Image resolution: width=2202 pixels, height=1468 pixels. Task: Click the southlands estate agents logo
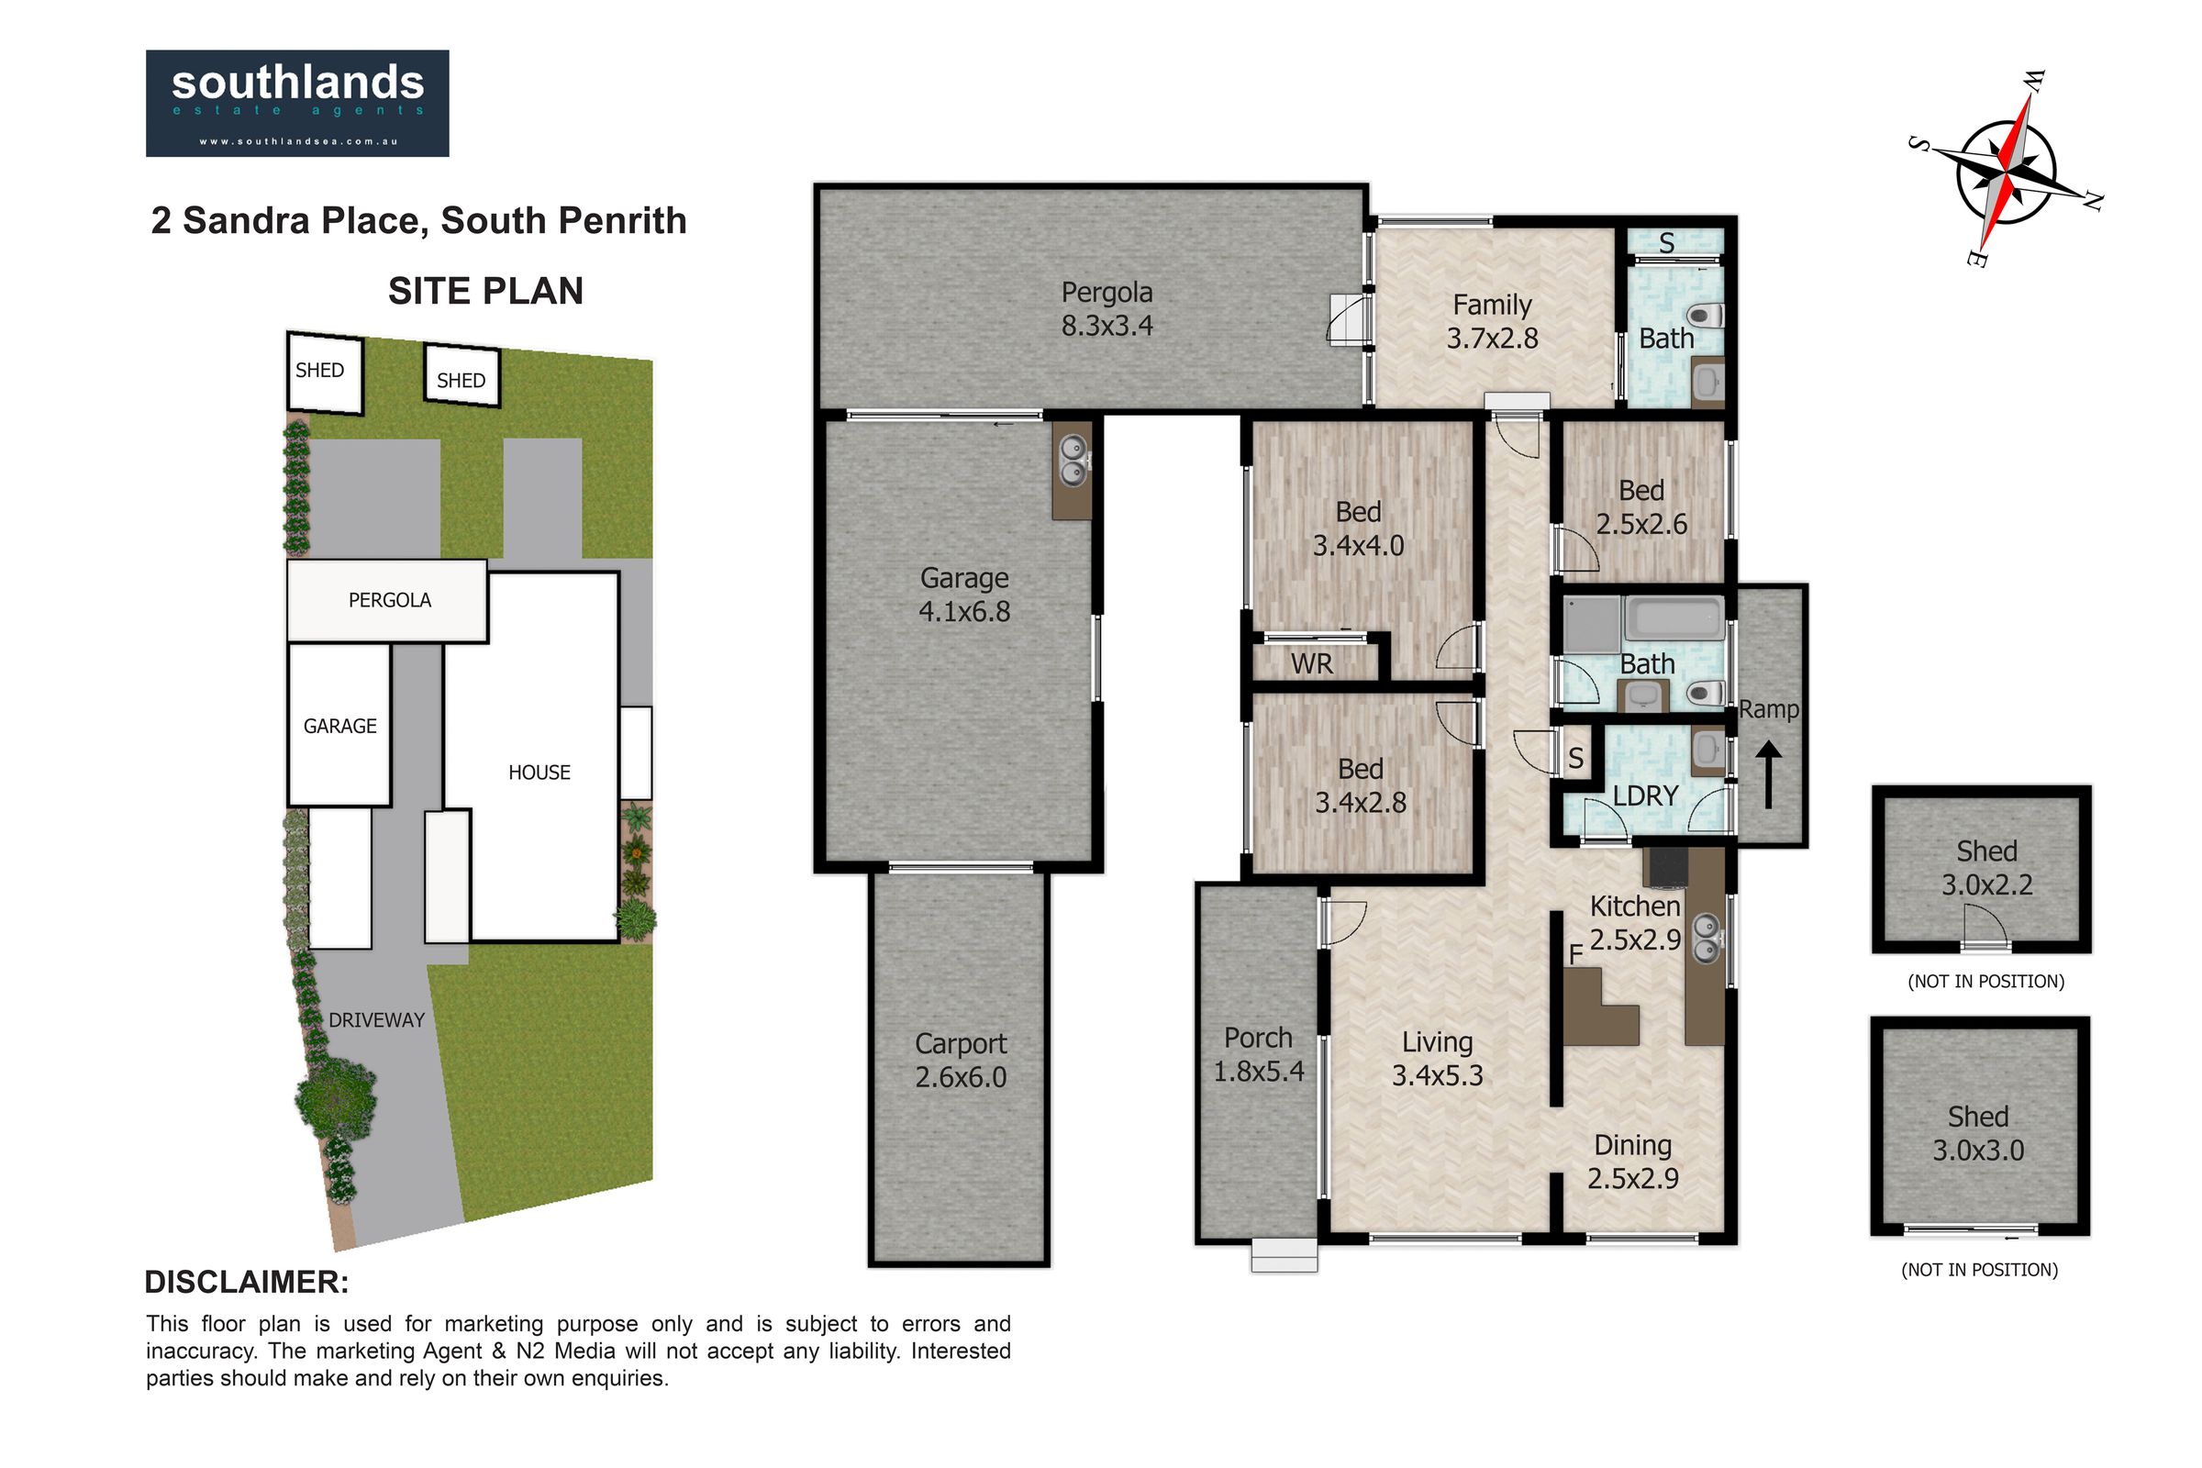296,103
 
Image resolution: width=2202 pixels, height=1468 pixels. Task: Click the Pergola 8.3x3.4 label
1107,309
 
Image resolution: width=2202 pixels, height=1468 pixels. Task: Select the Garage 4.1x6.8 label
964,595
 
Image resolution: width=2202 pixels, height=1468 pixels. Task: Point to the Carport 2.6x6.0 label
961,1060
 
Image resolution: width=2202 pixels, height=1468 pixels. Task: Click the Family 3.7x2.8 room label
1493,321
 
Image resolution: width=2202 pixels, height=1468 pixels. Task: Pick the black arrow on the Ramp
1768,774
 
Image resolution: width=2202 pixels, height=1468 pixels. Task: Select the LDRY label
1645,795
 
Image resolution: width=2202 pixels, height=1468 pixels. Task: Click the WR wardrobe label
1311,663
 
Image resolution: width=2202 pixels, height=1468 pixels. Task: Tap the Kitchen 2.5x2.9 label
1636,922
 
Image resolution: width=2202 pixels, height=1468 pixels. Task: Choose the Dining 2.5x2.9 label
1633,1161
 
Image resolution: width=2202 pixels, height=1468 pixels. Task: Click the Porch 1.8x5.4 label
1258,1053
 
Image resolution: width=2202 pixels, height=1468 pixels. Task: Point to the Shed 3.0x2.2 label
1986,868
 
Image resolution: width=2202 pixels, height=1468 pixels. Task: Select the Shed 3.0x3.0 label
1978,1133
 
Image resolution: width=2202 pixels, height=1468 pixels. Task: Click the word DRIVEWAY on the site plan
376,1020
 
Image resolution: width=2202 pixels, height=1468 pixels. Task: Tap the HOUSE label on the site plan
539,773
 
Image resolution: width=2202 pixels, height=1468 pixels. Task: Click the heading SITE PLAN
486,291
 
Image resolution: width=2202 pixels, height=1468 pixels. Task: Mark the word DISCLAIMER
246,1282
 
